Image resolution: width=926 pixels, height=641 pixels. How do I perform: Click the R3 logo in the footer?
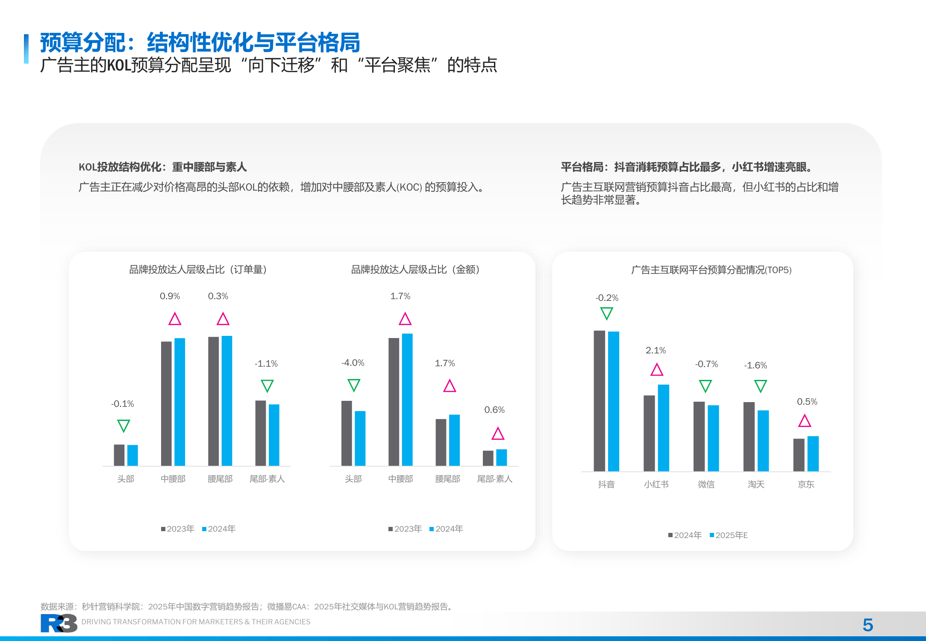[59, 623]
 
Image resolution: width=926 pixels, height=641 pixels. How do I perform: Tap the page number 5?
[867, 625]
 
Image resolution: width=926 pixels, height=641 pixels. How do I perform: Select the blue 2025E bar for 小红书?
[663, 428]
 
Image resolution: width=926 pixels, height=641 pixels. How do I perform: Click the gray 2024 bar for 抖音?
[599, 401]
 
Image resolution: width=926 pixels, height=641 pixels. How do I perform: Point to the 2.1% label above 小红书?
[656, 350]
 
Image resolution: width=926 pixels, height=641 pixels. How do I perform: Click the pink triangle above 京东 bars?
[805, 421]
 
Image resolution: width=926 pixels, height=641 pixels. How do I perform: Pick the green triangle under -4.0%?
[354, 385]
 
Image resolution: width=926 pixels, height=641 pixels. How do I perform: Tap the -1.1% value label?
[266, 364]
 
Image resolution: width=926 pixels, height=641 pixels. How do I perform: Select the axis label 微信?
[706, 484]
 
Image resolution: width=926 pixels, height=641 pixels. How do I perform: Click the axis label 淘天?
[756, 484]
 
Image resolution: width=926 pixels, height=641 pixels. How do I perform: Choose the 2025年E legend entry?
[729, 535]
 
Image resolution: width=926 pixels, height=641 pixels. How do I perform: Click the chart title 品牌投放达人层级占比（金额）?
[415, 270]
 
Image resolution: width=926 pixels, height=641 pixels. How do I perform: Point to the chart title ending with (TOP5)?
[711, 270]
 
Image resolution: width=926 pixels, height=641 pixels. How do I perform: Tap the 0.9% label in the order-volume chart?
[170, 296]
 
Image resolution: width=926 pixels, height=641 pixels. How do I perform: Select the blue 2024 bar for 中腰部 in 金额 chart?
[407, 400]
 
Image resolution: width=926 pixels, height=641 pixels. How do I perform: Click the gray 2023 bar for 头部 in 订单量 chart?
[119, 455]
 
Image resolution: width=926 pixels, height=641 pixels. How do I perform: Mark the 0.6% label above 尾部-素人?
[494, 410]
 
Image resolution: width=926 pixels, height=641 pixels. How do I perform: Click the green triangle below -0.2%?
[606, 313]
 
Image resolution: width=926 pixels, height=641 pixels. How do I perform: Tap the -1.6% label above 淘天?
[755, 365]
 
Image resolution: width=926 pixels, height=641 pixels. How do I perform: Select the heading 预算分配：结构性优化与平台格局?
[200, 42]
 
